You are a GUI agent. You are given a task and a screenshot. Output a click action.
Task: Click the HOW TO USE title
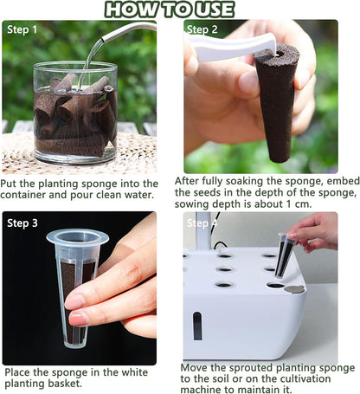point(181,10)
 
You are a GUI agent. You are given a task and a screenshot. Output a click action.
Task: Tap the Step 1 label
point(23,29)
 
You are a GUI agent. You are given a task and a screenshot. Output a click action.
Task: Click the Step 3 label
point(23,223)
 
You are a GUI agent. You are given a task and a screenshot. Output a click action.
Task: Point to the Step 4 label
point(204,223)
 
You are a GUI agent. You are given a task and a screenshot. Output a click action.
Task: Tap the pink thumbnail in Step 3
point(75,301)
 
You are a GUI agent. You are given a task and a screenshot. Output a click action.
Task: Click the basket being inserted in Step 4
point(284,254)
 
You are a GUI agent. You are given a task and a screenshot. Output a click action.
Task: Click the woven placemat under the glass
point(35,156)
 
